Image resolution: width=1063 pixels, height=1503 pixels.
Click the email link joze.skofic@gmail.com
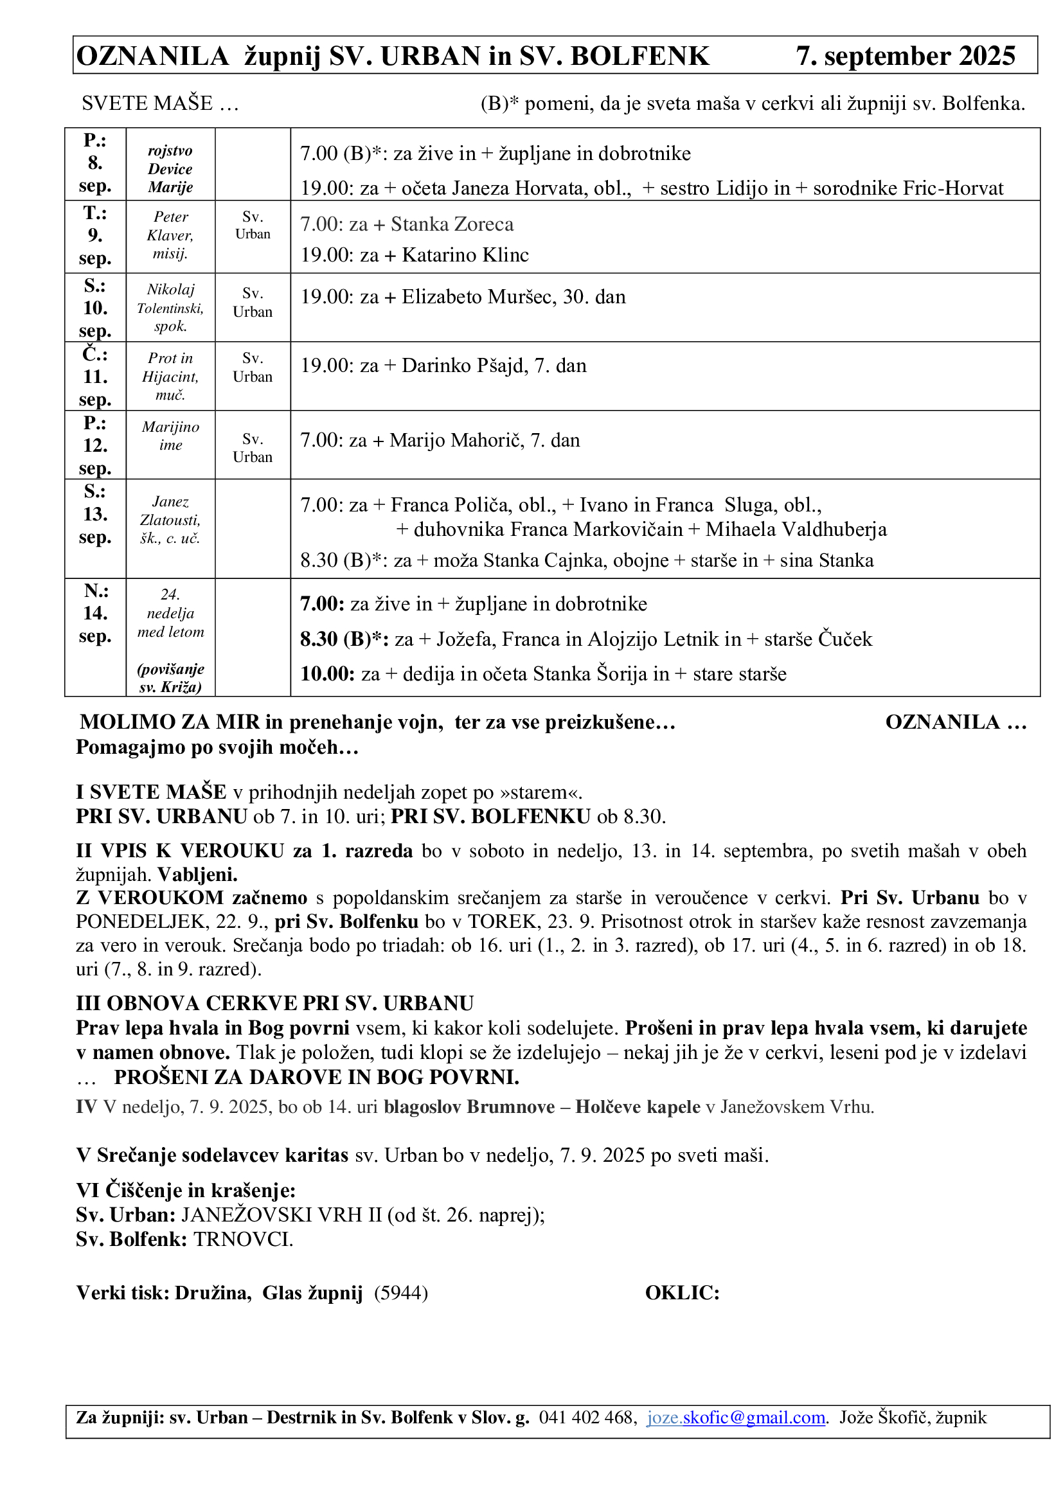click(x=736, y=1418)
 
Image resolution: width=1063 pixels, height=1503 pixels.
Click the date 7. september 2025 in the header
click(x=906, y=57)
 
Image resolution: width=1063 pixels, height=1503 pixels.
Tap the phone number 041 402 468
click(x=587, y=1418)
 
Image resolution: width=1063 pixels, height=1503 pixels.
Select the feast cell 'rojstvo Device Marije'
click(x=170, y=169)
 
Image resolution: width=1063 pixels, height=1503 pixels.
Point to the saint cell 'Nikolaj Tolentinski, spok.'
click(x=170, y=308)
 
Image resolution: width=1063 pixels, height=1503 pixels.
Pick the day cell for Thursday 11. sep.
click(x=95, y=377)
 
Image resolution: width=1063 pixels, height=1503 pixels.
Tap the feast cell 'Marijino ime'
click(x=170, y=436)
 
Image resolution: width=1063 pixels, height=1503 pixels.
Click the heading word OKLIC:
click(x=682, y=1293)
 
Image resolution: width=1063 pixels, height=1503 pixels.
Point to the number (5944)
click(x=401, y=1293)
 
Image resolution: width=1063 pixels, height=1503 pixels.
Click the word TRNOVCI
click(x=243, y=1239)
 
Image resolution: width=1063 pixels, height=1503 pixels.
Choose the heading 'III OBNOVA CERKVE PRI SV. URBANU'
click(x=275, y=1004)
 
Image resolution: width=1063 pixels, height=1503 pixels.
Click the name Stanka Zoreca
click(x=452, y=224)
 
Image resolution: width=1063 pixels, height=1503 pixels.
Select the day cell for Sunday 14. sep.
click(x=95, y=614)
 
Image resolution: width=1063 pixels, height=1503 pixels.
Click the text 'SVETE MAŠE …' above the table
click(x=161, y=103)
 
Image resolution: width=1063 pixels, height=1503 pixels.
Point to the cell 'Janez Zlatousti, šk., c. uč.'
click(x=170, y=520)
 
